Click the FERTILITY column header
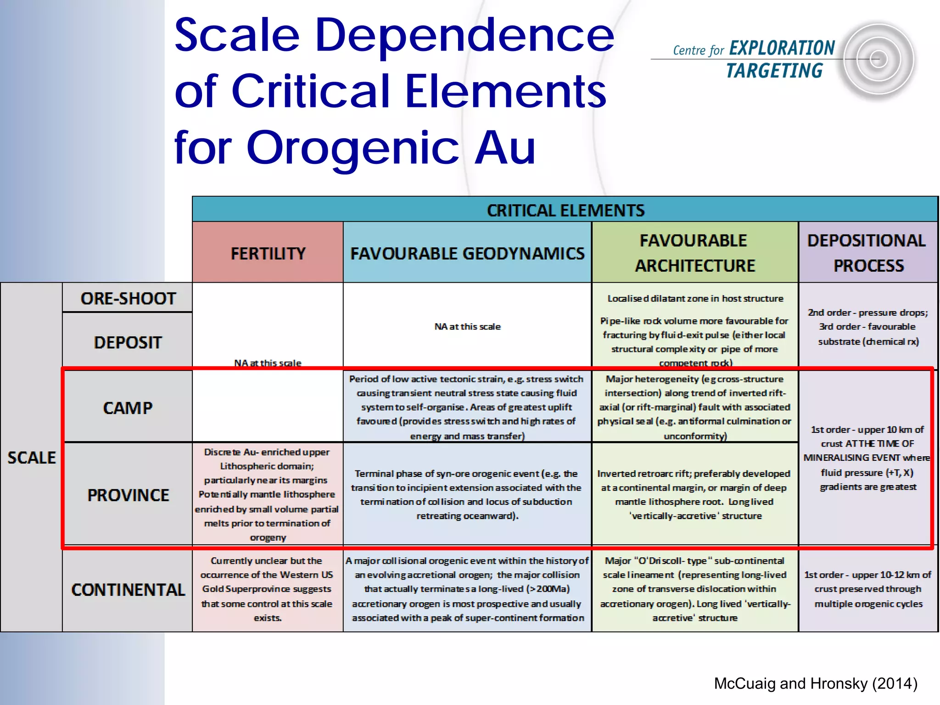(268, 253)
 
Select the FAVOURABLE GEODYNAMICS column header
(467, 253)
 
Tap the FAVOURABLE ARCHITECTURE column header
(694, 253)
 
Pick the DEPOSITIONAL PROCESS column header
(867, 253)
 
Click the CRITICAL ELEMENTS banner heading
(565, 210)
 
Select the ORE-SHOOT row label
(128, 298)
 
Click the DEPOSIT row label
(128, 342)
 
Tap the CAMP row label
(128, 408)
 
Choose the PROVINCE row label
(128, 495)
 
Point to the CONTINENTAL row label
(128, 590)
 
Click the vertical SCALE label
(31, 458)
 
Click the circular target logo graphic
(878, 60)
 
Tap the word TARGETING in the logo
(774, 71)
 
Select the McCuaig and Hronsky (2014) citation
(815, 683)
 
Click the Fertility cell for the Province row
(268, 494)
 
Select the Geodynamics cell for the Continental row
(467, 589)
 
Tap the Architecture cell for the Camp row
(694, 407)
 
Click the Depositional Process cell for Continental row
(867, 589)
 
